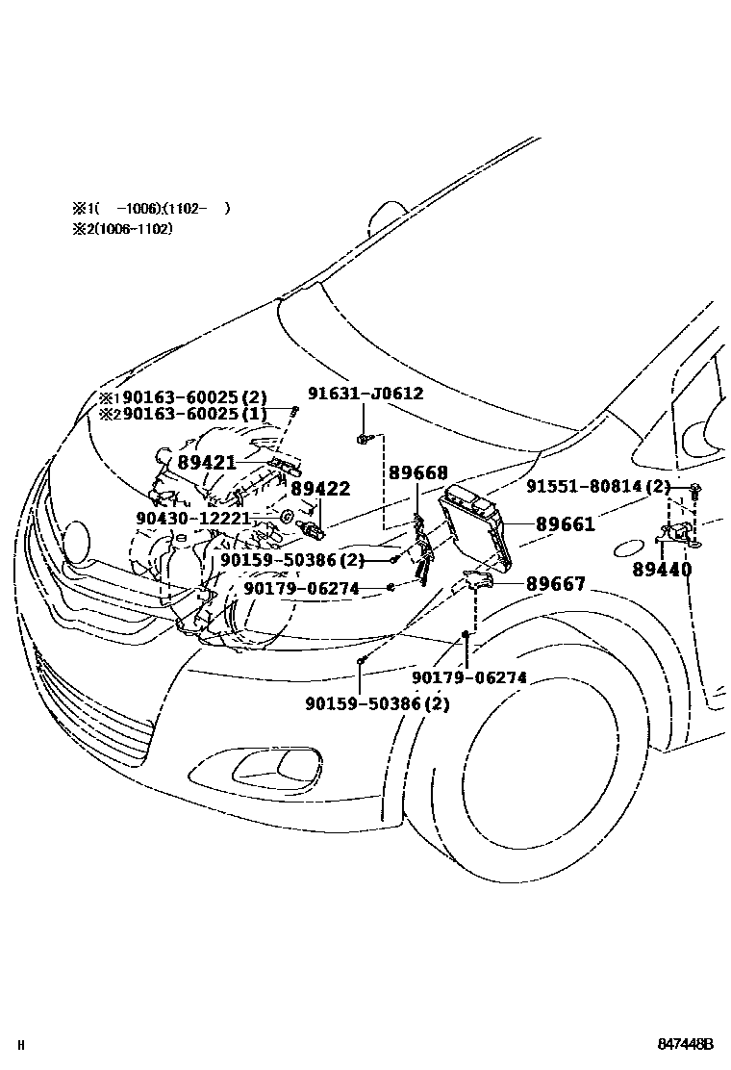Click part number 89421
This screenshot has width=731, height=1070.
pyautogui.click(x=207, y=463)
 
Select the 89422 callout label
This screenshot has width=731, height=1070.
pyautogui.click(x=320, y=489)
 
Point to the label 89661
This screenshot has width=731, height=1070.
pyautogui.click(x=566, y=524)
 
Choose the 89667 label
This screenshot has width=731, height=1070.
pyautogui.click(x=555, y=584)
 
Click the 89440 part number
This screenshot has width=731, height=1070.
pyautogui.click(x=662, y=569)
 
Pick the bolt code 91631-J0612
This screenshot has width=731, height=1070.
pyautogui.click(x=365, y=394)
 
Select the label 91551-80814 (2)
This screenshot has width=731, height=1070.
pyautogui.click(x=597, y=487)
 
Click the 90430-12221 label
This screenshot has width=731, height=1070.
pyautogui.click(x=207, y=518)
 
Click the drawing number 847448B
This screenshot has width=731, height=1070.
pyautogui.click(x=686, y=1044)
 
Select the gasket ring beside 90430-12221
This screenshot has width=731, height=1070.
pyautogui.click(x=287, y=518)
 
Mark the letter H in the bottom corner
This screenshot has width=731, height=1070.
pyautogui.click(x=21, y=1045)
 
